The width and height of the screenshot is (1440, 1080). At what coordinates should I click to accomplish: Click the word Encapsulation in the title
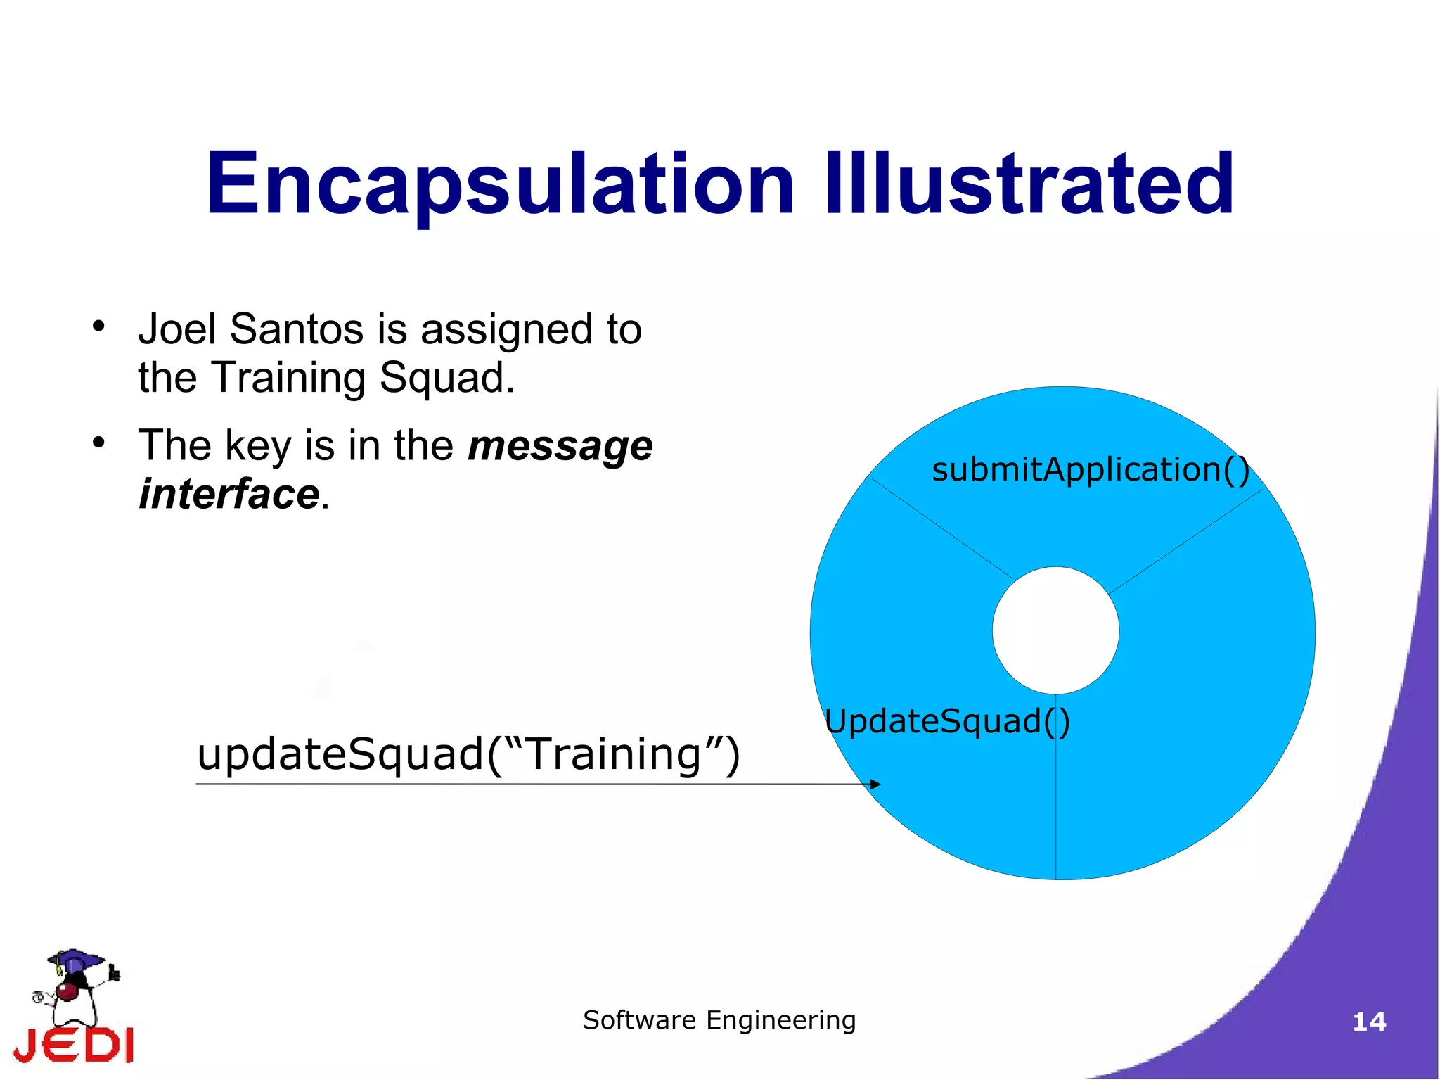point(499,184)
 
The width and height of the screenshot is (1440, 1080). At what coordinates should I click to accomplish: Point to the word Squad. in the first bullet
point(447,378)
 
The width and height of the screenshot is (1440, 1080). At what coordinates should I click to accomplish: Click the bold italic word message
point(560,446)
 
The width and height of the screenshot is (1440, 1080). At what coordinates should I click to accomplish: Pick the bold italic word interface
point(229,494)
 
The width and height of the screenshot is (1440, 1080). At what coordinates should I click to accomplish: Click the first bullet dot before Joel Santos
point(98,326)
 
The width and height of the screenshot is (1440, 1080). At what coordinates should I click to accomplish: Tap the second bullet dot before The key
point(98,443)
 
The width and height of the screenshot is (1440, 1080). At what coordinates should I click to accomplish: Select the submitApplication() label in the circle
point(1090,469)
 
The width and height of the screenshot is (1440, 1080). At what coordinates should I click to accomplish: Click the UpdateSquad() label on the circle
point(946,721)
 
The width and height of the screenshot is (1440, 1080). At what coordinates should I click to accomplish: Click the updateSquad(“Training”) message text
point(468,754)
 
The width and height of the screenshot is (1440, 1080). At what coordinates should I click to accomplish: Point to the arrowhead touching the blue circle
point(875,784)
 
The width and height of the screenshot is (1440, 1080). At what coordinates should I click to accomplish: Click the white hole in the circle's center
point(1055,630)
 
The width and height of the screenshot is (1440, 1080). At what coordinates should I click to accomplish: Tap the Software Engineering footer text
point(719,1020)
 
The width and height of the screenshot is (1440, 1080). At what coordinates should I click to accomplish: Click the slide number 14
point(1369,1022)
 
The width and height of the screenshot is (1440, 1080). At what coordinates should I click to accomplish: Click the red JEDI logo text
point(74,1045)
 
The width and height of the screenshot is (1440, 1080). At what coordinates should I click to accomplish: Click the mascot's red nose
point(67,991)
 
